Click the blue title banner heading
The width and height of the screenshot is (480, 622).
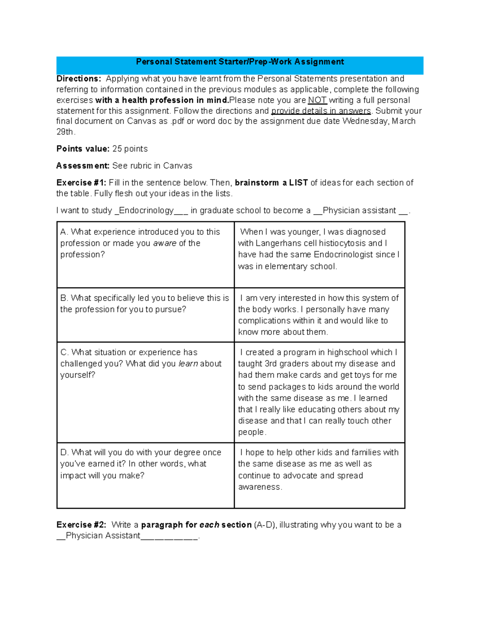240,62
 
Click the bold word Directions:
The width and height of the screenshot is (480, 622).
78,79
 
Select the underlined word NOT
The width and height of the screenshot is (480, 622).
317,100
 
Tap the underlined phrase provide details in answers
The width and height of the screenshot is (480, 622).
321,111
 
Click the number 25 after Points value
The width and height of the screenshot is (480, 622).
117,149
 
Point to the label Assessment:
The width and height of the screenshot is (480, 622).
83,166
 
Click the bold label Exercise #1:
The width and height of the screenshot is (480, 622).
81,183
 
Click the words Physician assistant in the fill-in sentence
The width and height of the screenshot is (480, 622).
359,211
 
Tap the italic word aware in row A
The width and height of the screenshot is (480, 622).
164,244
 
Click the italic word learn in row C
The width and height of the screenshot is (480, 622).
188,364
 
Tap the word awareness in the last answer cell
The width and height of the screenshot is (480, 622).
260,487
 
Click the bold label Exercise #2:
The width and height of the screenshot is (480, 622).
81,525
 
